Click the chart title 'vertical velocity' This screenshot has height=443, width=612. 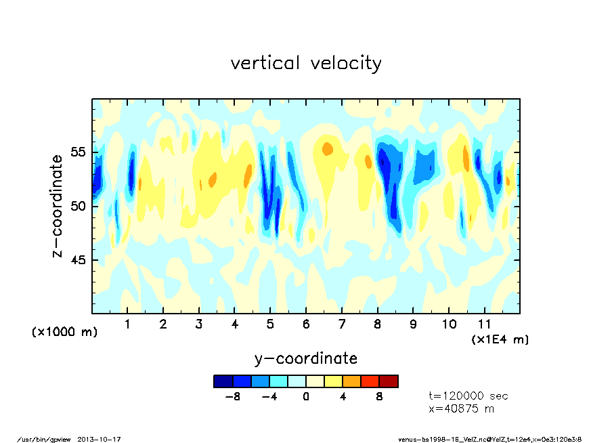[306, 64]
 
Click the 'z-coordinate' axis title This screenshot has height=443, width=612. [58, 206]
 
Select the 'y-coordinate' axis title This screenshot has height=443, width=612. [305, 358]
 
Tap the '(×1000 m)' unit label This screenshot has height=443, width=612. [65, 332]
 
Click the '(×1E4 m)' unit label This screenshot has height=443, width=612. [500, 339]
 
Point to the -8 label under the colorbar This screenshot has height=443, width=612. [232, 396]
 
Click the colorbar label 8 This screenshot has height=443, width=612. [380, 396]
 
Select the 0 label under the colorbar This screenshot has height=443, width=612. [306, 396]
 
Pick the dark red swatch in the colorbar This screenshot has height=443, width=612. [389, 381]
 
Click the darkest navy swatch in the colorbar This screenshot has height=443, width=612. [223, 381]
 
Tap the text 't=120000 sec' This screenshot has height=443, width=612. [468, 396]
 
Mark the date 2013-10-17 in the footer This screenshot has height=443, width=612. [104, 439]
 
